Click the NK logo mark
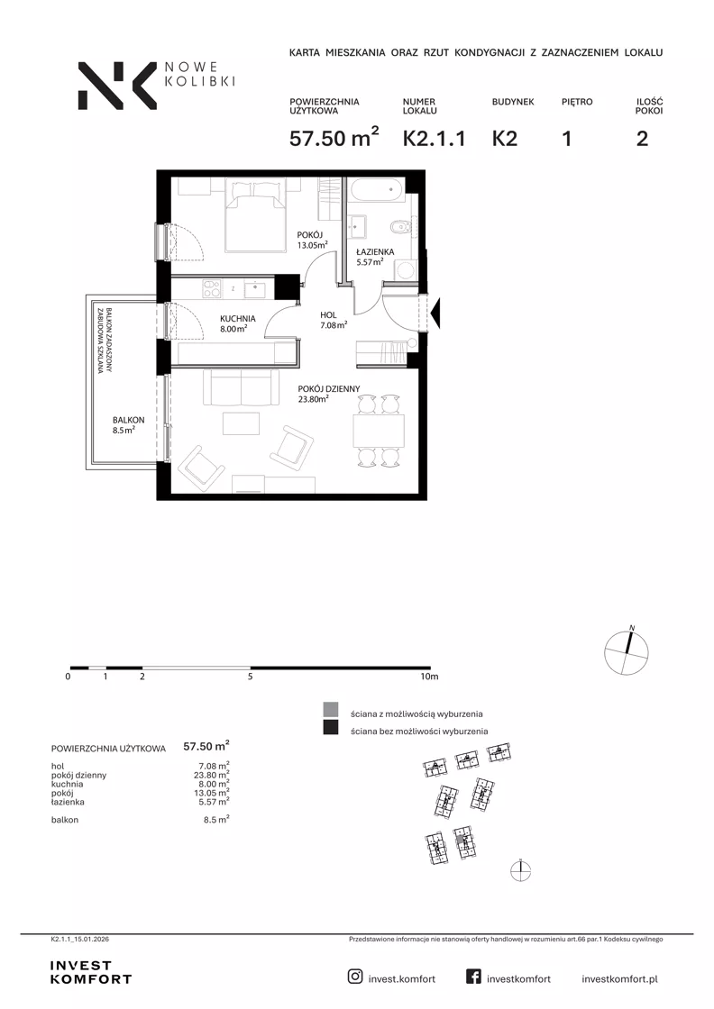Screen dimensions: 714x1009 click(x=117, y=86)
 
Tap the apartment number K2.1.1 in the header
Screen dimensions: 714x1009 click(x=434, y=139)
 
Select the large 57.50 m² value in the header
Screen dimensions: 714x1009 click(x=334, y=137)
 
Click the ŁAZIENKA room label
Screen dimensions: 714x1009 click(x=375, y=251)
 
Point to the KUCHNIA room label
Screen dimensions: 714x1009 click(x=238, y=319)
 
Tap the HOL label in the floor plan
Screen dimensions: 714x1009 click(x=328, y=315)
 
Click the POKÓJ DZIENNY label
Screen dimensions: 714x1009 click(x=328, y=388)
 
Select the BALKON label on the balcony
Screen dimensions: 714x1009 click(x=128, y=420)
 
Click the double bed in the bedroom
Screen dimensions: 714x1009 click(x=256, y=215)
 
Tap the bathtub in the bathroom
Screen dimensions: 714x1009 click(x=377, y=190)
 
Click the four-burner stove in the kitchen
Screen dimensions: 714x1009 click(x=212, y=288)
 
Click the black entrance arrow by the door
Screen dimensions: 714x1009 click(x=435, y=314)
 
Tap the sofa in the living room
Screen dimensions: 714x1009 click(x=241, y=386)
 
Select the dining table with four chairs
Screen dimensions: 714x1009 click(x=378, y=431)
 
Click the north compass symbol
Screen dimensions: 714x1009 click(x=627, y=652)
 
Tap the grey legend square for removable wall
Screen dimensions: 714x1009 click(x=330, y=710)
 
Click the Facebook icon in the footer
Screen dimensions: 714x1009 click(x=473, y=977)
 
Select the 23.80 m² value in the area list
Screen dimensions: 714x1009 click(x=212, y=775)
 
